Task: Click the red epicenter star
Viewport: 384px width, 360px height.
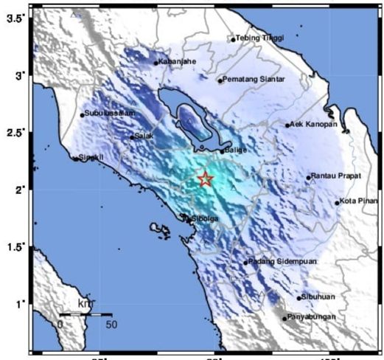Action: [x=206, y=179]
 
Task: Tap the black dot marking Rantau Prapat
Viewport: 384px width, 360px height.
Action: [x=309, y=177]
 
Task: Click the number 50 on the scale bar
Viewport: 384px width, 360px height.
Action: [x=111, y=324]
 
